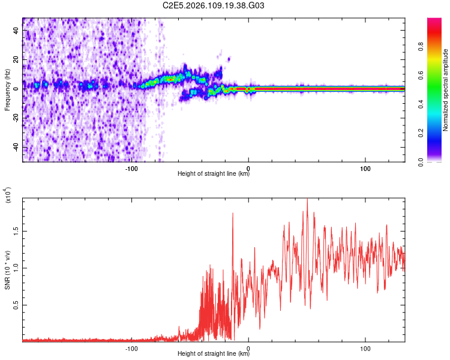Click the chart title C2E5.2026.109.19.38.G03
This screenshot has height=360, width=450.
214,5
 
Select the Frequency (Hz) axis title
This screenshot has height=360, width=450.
7,90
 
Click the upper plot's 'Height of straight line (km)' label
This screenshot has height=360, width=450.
214,175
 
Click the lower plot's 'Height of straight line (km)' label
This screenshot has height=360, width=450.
214,354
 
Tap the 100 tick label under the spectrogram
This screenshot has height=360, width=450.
365,168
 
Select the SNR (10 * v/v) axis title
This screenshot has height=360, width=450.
7,270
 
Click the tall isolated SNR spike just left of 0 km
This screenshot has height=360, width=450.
233,214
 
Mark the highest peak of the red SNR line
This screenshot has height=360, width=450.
307,199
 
